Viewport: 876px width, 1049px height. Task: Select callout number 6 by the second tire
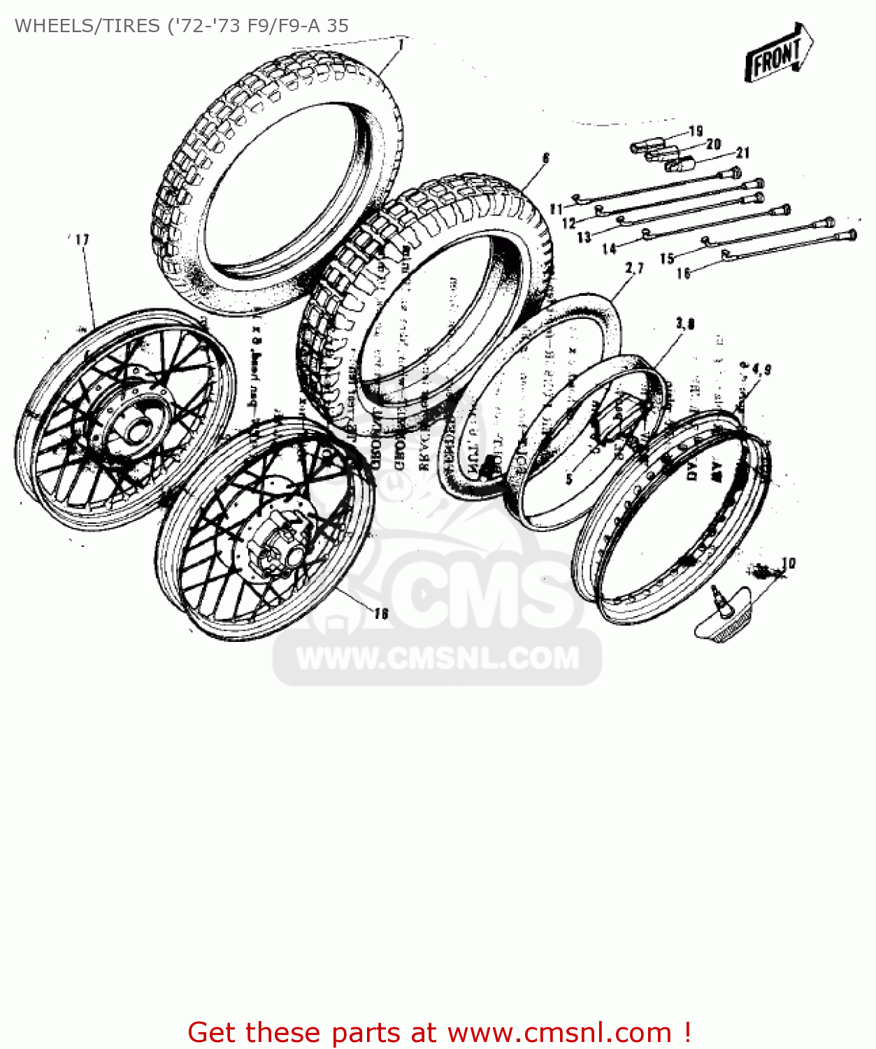(x=546, y=158)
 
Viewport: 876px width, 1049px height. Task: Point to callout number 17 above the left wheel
(x=82, y=240)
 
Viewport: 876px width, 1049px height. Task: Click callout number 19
(x=695, y=131)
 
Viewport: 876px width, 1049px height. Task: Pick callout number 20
(x=713, y=144)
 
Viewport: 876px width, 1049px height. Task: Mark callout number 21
(x=742, y=152)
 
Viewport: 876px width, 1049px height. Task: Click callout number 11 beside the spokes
(x=557, y=208)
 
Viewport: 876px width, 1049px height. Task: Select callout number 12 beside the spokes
(x=569, y=223)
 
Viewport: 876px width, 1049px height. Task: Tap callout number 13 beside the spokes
(x=584, y=238)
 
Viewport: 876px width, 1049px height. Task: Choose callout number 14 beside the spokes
(x=610, y=248)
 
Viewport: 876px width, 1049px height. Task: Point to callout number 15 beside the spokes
(x=667, y=258)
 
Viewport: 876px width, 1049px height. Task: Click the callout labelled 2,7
(x=634, y=269)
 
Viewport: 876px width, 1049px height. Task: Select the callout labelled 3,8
(x=685, y=323)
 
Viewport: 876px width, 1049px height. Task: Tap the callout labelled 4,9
(x=756, y=369)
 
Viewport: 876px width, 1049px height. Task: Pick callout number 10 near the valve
(x=788, y=563)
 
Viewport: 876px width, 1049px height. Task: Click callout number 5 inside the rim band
(x=569, y=479)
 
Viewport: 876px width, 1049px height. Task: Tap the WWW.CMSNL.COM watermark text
(x=438, y=658)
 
